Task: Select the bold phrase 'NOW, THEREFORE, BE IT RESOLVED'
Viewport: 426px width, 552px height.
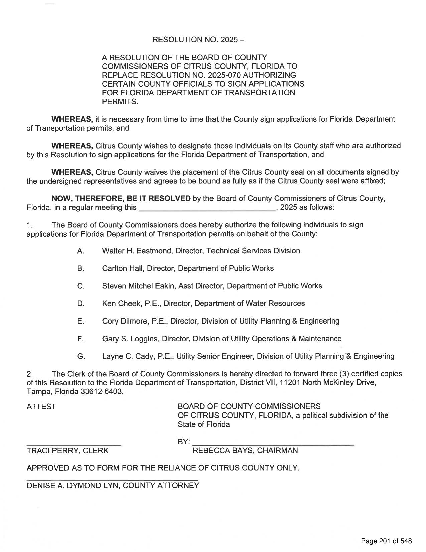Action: click(121, 198)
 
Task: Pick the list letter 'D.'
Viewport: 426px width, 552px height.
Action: click(80, 304)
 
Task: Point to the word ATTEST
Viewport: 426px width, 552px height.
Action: click(41, 407)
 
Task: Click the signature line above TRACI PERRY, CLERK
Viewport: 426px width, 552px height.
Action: click(74, 445)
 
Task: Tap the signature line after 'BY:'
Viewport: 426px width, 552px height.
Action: click(273, 444)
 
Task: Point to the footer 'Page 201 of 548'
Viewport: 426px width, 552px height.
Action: click(386, 541)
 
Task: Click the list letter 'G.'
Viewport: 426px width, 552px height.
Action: click(81, 357)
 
